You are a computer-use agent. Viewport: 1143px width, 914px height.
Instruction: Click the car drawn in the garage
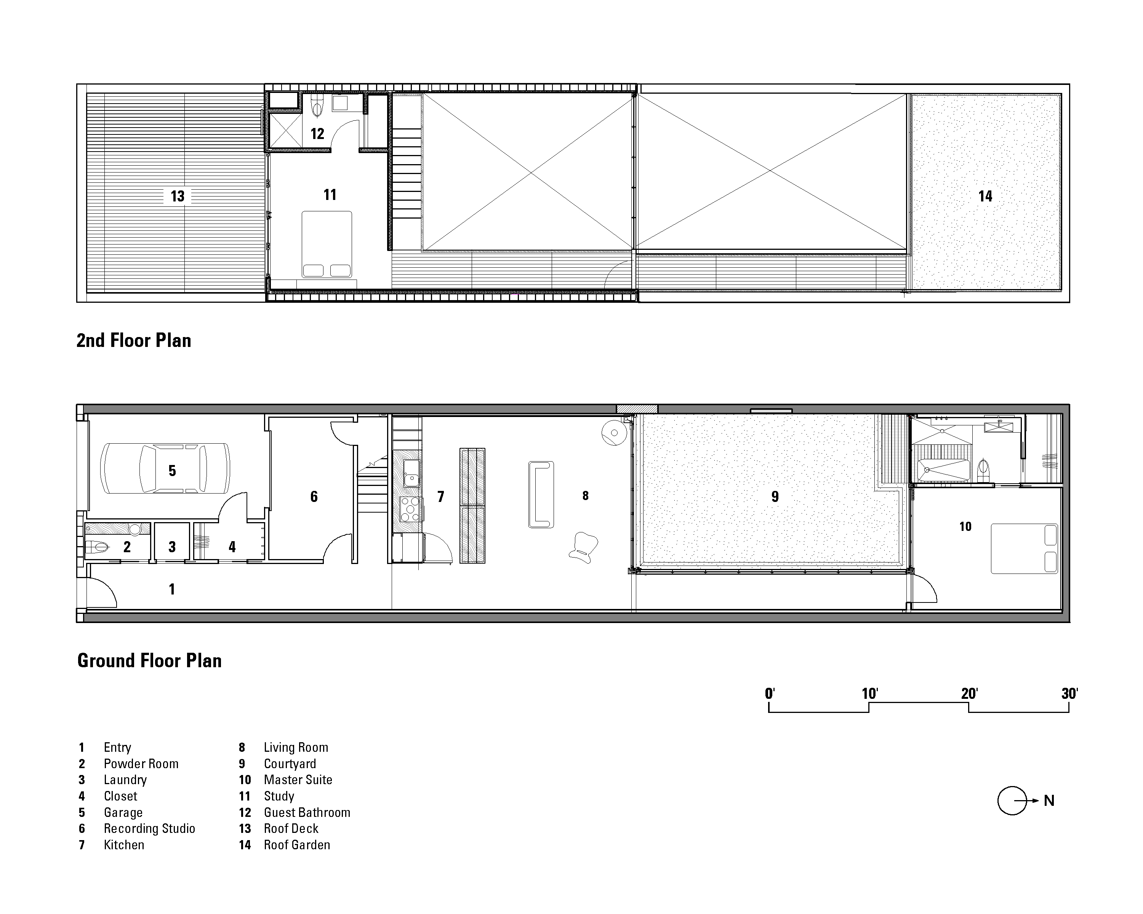(165, 468)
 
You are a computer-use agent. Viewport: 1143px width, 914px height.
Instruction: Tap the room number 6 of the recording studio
(314, 497)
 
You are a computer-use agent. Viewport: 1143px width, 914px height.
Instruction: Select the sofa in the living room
(541, 494)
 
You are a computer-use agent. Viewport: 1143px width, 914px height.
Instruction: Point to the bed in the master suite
(1024, 548)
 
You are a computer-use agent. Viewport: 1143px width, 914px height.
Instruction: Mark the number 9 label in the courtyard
(775, 497)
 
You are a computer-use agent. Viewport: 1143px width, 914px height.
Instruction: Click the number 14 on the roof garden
(985, 196)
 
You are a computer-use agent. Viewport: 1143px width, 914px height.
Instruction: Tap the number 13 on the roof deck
(177, 196)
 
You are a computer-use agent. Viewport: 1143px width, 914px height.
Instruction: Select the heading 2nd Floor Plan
(134, 340)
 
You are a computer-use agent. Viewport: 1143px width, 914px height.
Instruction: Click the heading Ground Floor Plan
(149, 661)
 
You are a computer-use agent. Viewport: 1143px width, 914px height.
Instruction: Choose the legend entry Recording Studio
(149, 829)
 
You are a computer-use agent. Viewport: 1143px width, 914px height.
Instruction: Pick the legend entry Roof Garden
(296, 845)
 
